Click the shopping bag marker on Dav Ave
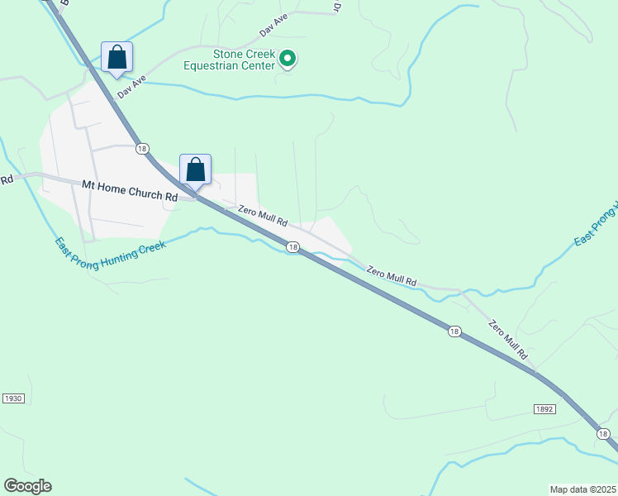(117, 57)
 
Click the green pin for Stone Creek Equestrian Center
(287, 59)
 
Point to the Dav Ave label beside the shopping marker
(131, 86)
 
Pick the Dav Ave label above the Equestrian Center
(273, 25)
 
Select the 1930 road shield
(13, 398)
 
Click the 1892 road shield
(544, 409)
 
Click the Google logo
(27, 486)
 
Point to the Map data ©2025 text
(582, 489)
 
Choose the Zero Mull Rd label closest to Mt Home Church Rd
(263, 217)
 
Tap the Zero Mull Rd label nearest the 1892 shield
(507, 339)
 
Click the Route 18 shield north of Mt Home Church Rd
(143, 148)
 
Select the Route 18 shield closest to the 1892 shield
(604, 433)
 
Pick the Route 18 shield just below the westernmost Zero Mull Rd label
(292, 246)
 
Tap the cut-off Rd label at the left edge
(7, 179)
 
